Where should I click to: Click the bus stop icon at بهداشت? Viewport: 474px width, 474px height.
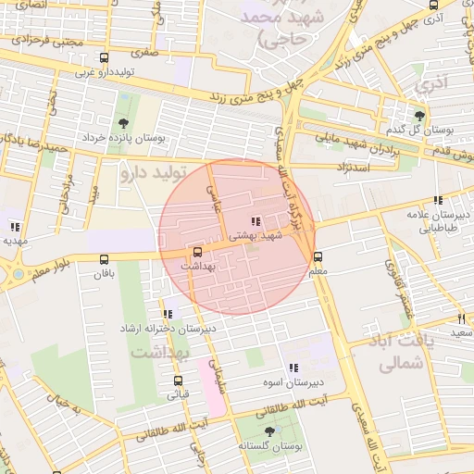(196, 251)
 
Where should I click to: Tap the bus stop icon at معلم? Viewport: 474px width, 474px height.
(318, 256)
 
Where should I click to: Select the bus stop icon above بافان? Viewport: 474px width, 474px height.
(103, 260)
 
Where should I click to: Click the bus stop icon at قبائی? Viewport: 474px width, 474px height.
(177, 380)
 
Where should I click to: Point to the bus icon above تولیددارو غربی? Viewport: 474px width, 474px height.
(103, 57)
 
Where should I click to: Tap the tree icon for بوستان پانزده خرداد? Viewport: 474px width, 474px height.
(123, 123)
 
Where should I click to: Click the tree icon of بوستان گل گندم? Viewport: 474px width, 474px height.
(419, 116)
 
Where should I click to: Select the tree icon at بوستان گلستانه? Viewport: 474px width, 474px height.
(269, 431)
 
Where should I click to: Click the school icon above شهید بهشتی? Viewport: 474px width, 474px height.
(255, 221)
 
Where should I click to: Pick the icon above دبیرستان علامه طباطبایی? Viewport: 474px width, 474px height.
(437, 200)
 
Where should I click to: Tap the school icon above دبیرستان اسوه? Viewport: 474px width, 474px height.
(293, 368)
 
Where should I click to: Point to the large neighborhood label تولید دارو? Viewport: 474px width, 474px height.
(153, 172)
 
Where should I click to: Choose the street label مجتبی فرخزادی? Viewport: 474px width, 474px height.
(54, 41)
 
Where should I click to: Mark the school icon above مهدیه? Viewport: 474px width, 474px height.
(15, 226)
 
